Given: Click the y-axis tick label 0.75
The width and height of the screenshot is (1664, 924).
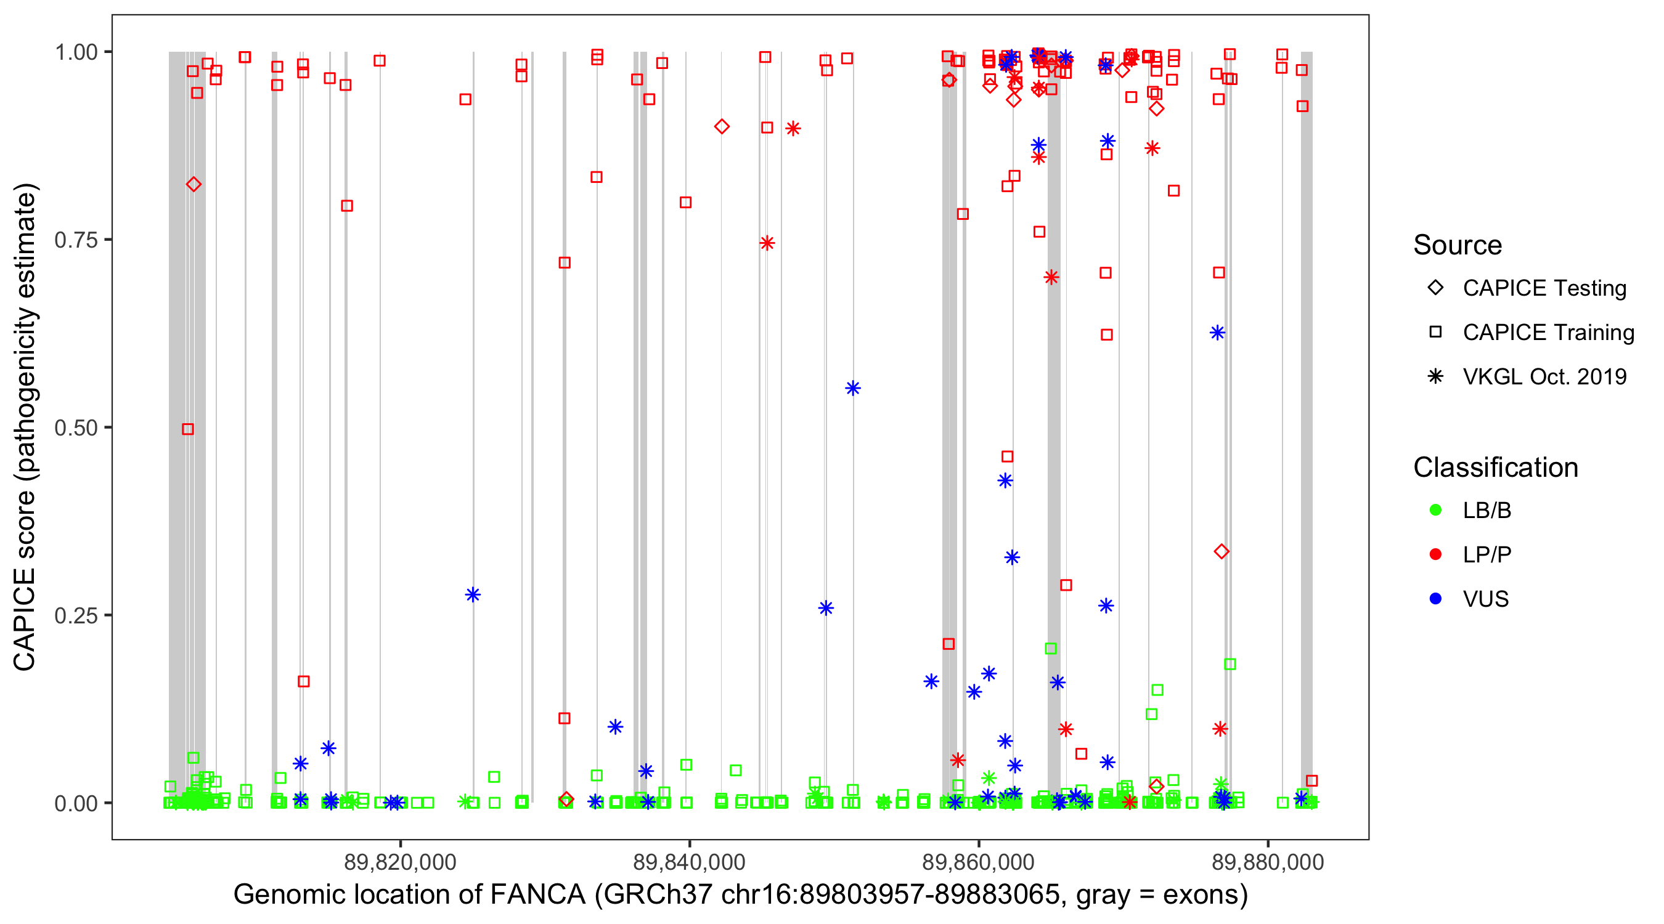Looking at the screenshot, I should (x=75, y=240).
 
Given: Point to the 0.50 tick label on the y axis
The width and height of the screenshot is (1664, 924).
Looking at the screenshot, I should (x=75, y=428).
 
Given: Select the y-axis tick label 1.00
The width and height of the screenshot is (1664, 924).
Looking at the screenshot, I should (x=75, y=52).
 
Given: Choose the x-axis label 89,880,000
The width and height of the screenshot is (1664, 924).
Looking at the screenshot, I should (x=1267, y=862).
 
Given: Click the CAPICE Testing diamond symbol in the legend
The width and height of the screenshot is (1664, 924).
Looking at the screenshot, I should (x=1435, y=287).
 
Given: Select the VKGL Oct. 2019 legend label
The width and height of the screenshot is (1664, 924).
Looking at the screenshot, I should (x=1544, y=376).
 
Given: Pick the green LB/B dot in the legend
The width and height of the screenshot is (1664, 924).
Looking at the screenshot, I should (x=1435, y=510).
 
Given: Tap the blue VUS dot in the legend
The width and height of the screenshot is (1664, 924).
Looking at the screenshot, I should (x=1435, y=599).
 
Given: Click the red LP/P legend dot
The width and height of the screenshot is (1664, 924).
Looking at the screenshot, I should (x=1435, y=554).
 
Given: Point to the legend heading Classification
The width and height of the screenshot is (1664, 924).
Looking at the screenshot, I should (x=1495, y=468).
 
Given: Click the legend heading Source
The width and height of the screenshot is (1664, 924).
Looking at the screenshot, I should (x=1458, y=245).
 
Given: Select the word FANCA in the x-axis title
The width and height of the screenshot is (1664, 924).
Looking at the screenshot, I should (x=537, y=895).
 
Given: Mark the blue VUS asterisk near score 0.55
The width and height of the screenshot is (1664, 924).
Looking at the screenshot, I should (x=853, y=388).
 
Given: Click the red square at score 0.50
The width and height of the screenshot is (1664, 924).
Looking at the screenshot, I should (x=188, y=429).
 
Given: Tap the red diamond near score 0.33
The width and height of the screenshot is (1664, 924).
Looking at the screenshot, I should (x=1221, y=551).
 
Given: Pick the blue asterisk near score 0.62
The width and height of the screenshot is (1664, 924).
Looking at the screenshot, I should (x=1217, y=333).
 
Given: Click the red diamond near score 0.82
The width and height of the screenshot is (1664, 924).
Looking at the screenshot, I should (x=193, y=185).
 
